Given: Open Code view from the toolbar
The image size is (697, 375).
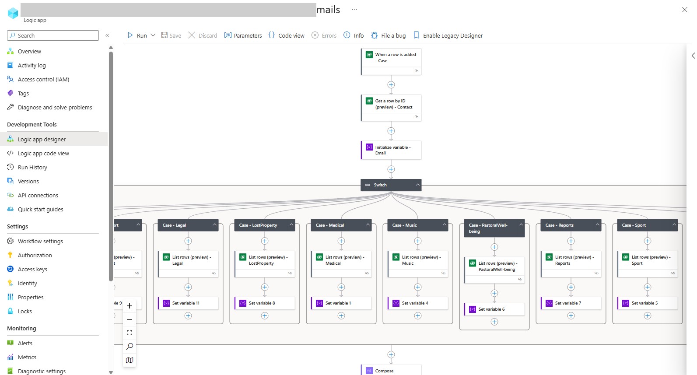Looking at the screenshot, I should [287, 35].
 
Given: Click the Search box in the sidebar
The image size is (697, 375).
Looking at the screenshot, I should [53, 35].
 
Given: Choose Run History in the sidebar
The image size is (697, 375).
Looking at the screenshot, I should [32, 167].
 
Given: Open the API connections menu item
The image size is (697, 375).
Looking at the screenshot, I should [38, 195].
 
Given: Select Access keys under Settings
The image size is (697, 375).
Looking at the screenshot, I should [32, 269].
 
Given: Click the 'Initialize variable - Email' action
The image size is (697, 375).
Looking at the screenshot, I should [391, 150].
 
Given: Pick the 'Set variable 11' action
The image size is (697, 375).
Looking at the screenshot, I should [188, 303].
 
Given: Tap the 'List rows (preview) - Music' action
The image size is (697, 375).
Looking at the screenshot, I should [418, 260].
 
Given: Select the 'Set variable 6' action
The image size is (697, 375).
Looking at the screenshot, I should [494, 309].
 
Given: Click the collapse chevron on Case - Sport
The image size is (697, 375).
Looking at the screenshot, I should [674, 225].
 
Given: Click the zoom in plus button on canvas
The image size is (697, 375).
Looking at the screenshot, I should [130, 306].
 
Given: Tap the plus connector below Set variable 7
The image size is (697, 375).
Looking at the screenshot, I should [571, 315].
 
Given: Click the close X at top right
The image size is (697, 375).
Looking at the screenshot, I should [685, 10].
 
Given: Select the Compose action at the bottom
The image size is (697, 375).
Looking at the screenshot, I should [391, 371].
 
